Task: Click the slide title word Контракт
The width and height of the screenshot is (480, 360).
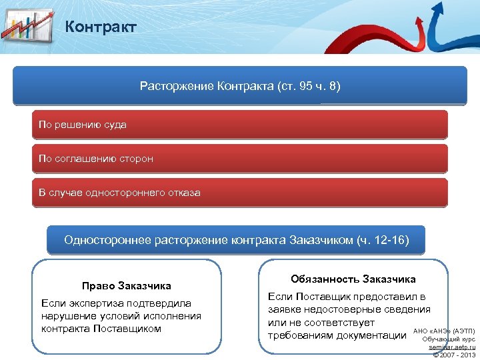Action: click(101, 27)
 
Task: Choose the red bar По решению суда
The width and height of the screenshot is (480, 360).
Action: click(240, 125)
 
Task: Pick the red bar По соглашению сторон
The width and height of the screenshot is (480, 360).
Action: click(240, 159)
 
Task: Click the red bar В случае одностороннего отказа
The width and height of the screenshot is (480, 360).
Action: click(240, 193)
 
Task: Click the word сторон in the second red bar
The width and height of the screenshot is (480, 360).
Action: click(137, 159)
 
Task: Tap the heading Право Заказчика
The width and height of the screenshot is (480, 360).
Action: click(127, 286)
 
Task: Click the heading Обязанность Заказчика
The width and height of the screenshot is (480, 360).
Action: click(353, 279)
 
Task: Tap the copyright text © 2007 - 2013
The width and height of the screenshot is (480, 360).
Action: click(453, 355)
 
